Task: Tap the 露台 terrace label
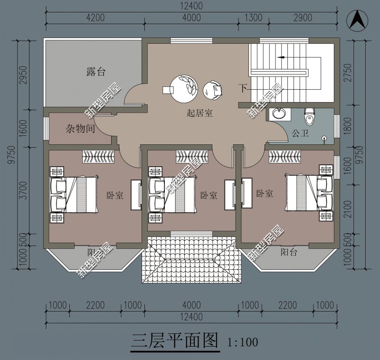(x=96, y=72)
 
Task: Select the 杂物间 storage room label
(x=80, y=129)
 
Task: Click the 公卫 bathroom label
(x=300, y=133)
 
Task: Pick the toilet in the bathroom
(x=310, y=115)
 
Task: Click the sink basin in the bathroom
(x=278, y=114)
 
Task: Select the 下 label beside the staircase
(x=243, y=88)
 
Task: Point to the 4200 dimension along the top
(x=95, y=18)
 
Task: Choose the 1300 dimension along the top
(x=253, y=18)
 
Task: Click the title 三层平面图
(x=174, y=341)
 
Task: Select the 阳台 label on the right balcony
(x=289, y=252)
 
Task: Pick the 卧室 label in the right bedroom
(x=264, y=194)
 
